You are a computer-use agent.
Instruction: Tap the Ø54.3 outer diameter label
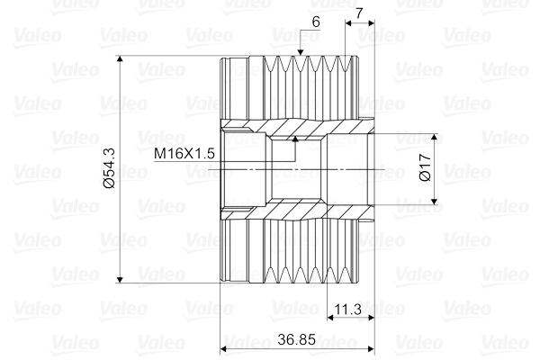[109, 168]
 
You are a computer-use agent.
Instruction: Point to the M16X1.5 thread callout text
[184, 154]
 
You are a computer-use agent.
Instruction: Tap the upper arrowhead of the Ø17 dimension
[435, 139]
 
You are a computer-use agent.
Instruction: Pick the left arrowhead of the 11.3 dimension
[328, 319]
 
